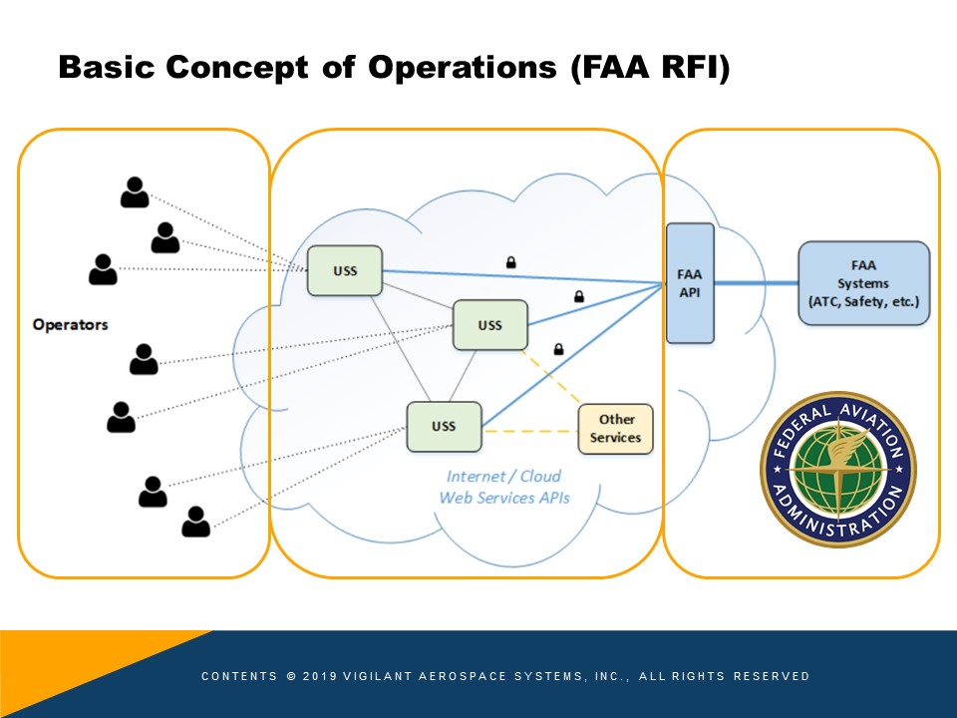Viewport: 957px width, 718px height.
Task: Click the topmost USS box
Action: coord(345,270)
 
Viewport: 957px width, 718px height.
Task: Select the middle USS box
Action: coord(490,325)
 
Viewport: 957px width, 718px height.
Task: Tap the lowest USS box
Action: coord(444,426)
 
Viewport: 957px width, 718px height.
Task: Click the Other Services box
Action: coord(615,429)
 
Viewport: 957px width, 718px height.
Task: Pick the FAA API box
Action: coord(690,283)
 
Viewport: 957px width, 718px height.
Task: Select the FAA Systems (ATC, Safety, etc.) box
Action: coord(863,283)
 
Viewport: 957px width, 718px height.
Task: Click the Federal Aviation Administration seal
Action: coord(838,470)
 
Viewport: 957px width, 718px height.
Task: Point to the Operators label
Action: coord(70,324)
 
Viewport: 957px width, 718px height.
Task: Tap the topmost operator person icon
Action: coord(135,192)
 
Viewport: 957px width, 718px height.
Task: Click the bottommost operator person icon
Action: coord(196,522)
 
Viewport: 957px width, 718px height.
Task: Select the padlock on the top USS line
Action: coord(510,262)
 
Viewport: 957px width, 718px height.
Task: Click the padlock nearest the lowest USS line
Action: coord(558,349)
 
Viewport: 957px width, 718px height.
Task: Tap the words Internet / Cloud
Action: coord(503,477)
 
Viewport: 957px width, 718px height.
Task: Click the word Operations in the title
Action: coord(462,67)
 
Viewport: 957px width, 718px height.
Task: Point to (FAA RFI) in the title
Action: coord(651,68)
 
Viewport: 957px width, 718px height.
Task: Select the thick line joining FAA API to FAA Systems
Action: coord(757,282)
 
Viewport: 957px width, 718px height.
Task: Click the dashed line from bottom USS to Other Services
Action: coord(529,431)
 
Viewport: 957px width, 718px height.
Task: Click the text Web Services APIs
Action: coord(504,498)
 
